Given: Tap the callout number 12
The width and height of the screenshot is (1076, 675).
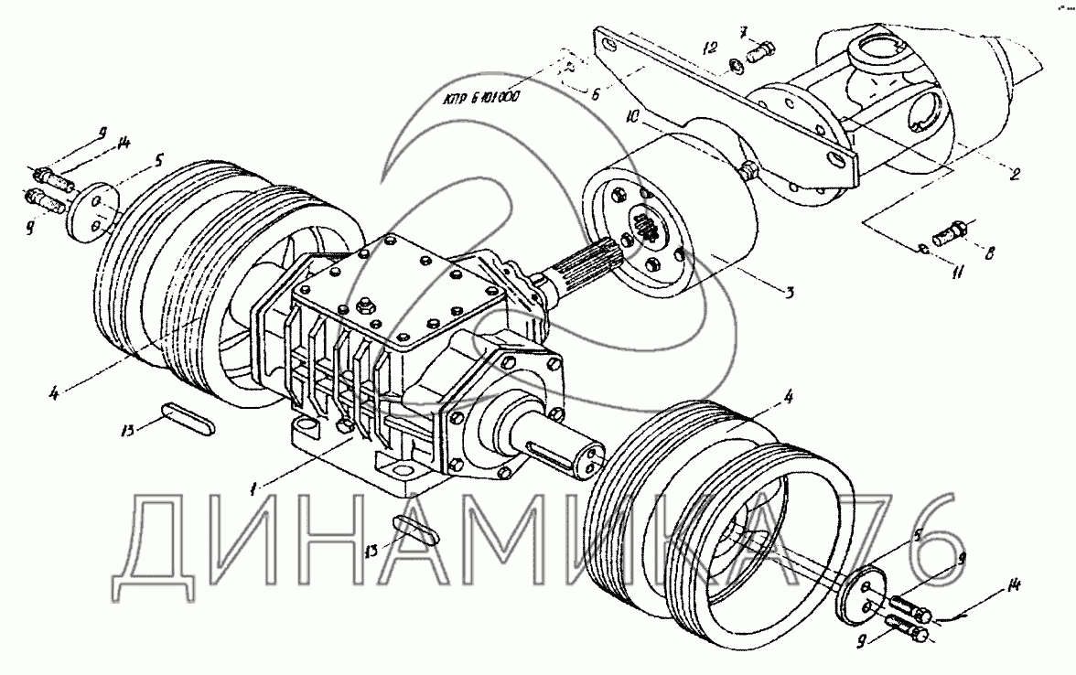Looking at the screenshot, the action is (x=710, y=47).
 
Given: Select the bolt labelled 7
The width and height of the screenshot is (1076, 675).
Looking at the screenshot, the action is (x=760, y=53).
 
